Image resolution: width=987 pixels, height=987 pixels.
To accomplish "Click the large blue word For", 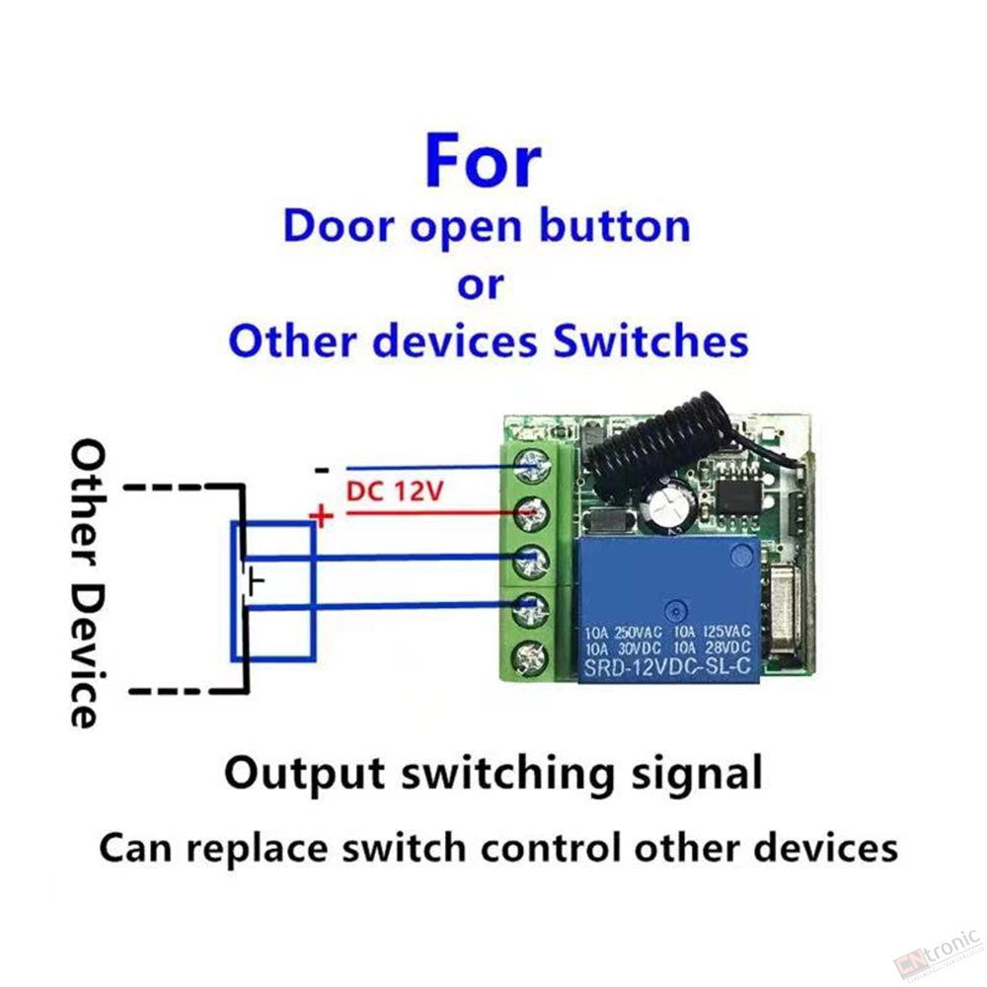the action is click(483, 161).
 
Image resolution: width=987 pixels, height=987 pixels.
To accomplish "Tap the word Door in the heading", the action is click(340, 227).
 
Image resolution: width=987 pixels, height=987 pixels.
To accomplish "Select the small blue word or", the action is click(481, 286).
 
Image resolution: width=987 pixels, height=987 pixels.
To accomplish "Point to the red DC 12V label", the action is click(395, 491).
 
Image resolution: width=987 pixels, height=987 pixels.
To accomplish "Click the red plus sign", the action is click(321, 516).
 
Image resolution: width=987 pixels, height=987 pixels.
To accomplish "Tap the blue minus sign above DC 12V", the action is click(322, 470).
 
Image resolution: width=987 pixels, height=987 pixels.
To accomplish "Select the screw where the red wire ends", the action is click(531, 514).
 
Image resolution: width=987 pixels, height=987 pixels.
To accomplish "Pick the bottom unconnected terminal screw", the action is click(531, 658).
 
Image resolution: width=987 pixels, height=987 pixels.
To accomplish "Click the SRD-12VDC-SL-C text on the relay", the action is click(667, 667).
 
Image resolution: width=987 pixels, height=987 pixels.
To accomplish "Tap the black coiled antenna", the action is click(654, 450).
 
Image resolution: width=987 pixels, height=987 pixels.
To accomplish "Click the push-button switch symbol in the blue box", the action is click(252, 582).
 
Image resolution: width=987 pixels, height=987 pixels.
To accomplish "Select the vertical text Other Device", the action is click(87, 583).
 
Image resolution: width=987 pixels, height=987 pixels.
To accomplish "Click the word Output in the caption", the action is click(305, 774).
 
